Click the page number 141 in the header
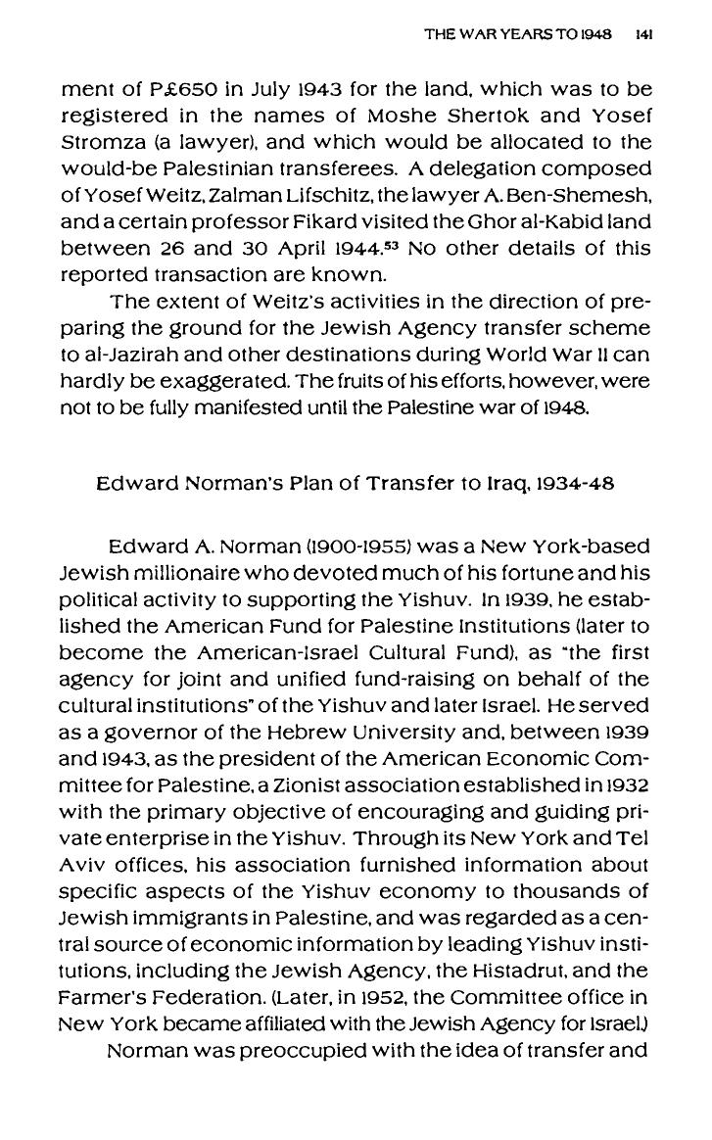(x=643, y=32)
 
